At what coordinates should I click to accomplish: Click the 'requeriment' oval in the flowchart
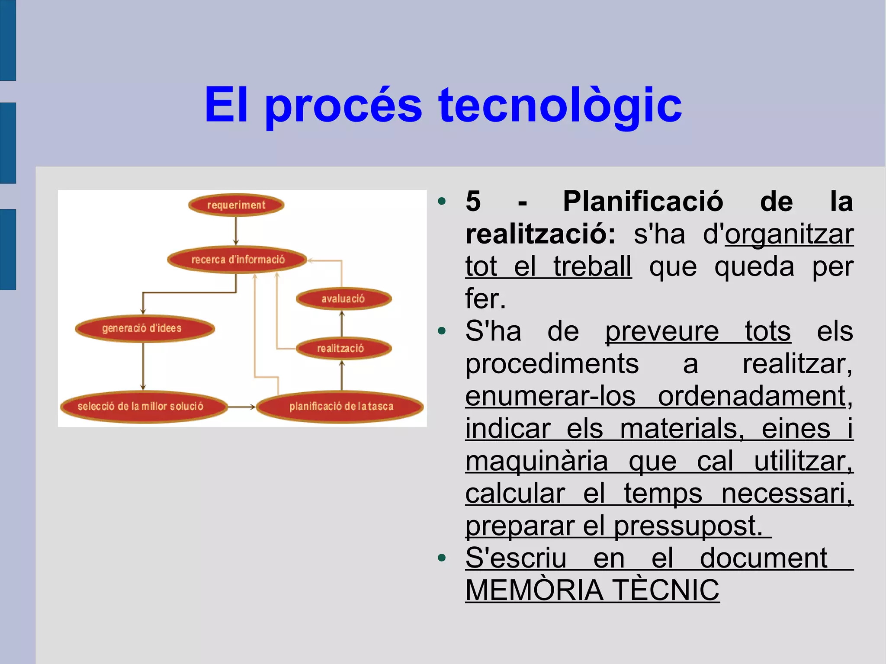[x=236, y=205]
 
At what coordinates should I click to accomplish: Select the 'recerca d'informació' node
[x=238, y=260]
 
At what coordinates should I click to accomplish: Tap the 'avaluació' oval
[x=343, y=298]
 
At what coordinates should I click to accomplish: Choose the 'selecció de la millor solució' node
[x=143, y=407]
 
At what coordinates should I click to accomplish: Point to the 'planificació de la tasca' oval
[x=340, y=407]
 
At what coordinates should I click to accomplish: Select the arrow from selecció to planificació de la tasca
[x=241, y=407]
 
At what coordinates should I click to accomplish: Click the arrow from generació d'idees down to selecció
[x=143, y=366]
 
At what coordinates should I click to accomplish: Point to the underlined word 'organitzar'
[x=789, y=234]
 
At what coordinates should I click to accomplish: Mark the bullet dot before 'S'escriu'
[x=442, y=558]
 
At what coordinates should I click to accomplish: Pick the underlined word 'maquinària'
[x=536, y=461]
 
